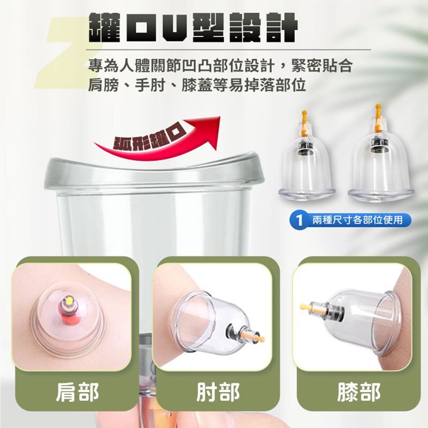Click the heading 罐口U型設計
pos(193,28)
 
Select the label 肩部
pos(77,392)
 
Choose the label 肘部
pos(218,392)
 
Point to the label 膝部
pos(358,392)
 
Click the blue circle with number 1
pos(300,220)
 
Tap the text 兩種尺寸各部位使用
pos(357,220)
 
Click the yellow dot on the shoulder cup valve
pos(67,301)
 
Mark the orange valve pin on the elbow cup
pos(254,336)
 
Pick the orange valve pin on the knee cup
pos(311,308)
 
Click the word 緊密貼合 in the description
pos(322,66)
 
